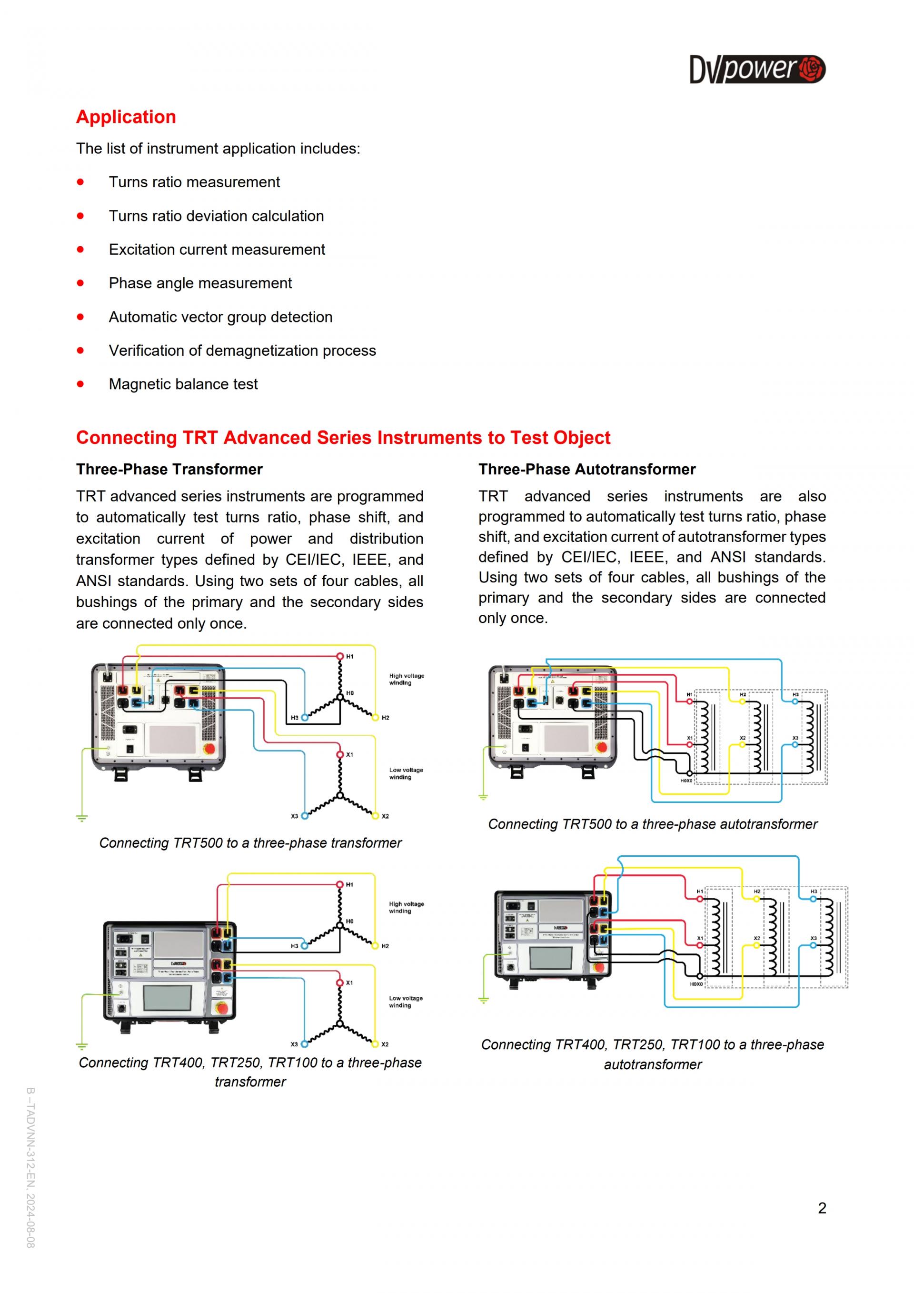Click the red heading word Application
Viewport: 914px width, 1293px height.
coord(126,117)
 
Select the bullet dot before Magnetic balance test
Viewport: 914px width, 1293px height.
coord(80,384)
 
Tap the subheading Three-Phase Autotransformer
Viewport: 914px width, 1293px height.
coord(586,469)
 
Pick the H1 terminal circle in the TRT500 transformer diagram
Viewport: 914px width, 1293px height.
coord(340,656)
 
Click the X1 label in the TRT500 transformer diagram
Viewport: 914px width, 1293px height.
coord(349,755)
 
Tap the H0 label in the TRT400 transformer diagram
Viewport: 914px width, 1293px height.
coord(349,922)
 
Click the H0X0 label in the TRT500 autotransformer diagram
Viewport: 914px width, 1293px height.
coord(686,781)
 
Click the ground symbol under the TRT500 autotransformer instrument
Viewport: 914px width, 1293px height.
coord(483,797)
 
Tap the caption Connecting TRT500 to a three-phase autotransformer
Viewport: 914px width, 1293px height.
coord(652,824)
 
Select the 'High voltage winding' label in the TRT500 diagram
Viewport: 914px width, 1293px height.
coord(407,679)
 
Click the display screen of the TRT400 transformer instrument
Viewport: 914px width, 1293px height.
coord(167,997)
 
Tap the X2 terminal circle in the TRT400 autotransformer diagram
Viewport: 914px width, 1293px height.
coord(756,945)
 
